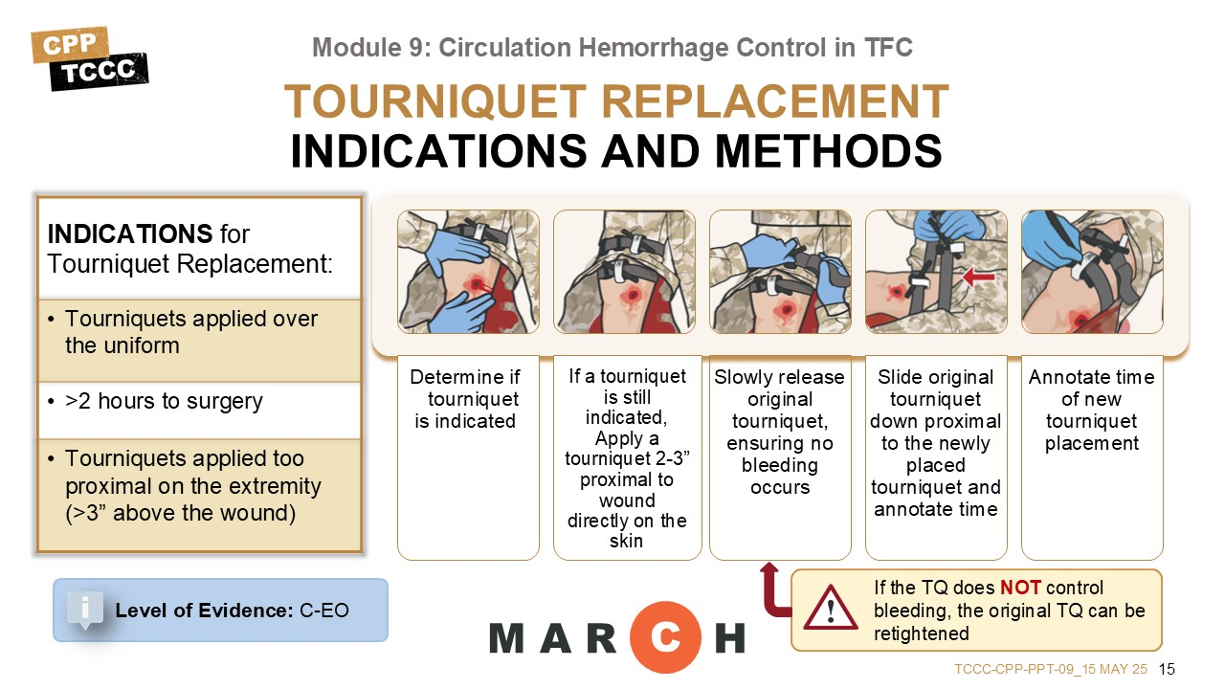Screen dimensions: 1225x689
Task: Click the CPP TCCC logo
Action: tap(90, 58)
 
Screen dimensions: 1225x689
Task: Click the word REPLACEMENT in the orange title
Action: tap(775, 101)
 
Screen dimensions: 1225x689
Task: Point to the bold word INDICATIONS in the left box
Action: tap(129, 234)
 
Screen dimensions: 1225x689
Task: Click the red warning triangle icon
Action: tap(830, 608)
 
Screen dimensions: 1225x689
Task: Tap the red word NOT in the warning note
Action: tap(1020, 588)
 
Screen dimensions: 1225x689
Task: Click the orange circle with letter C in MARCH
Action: tap(665, 637)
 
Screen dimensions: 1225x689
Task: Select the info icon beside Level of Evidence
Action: tap(85, 610)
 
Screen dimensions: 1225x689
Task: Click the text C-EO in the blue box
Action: tap(324, 611)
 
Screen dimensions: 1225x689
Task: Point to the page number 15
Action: tap(1167, 669)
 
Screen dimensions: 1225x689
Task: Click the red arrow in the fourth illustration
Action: tap(978, 277)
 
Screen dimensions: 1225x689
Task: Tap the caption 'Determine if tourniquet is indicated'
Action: tap(466, 399)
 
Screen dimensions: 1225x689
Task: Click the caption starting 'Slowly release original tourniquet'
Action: tap(779, 432)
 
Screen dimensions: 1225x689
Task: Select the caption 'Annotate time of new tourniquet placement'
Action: tap(1092, 411)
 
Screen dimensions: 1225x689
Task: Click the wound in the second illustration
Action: tap(633, 296)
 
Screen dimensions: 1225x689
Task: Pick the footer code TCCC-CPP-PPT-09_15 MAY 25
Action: tap(1051, 669)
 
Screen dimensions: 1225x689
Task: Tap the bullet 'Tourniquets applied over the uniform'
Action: tap(183, 332)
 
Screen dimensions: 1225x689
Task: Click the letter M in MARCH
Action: tap(507, 638)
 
